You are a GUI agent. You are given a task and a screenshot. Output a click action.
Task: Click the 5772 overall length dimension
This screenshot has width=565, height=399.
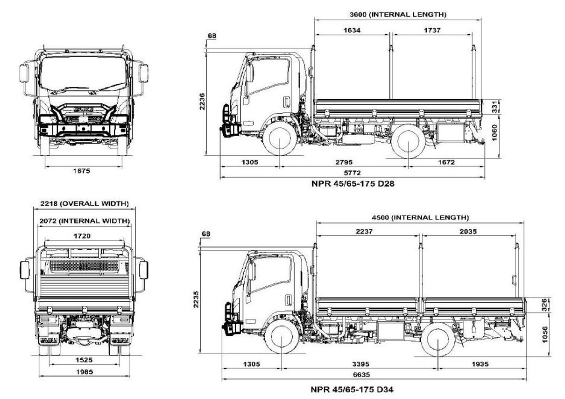pyautogui.click(x=353, y=173)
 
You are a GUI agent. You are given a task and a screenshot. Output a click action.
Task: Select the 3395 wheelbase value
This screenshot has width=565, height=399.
pyautogui.click(x=360, y=364)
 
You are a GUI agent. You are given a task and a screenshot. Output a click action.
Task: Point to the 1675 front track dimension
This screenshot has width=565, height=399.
pyautogui.click(x=82, y=171)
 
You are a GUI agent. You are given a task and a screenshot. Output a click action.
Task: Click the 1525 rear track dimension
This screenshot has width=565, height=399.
pyautogui.click(x=83, y=360)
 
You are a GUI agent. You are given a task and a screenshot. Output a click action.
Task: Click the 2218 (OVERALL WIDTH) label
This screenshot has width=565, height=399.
pyautogui.click(x=85, y=204)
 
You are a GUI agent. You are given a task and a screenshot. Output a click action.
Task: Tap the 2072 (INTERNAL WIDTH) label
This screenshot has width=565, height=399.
pyautogui.click(x=85, y=220)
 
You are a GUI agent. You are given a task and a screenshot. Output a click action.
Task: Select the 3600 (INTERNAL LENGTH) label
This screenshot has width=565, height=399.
pyautogui.click(x=398, y=15)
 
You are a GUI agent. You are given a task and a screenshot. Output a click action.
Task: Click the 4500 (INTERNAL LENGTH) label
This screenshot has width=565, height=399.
pyautogui.click(x=420, y=218)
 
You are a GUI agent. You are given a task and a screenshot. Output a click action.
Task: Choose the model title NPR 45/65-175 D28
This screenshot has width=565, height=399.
pyautogui.click(x=353, y=183)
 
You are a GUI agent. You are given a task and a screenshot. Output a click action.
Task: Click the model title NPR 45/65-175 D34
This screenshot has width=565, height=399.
pyautogui.click(x=355, y=389)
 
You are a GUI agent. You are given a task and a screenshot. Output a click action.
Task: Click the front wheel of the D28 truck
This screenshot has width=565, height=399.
pyautogui.click(x=279, y=140)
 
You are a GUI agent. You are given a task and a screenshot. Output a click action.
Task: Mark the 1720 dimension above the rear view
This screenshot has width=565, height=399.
pyautogui.click(x=84, y=236)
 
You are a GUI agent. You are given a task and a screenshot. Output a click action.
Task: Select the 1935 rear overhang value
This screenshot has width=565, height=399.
pyautogui.click(x=481, y=364)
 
